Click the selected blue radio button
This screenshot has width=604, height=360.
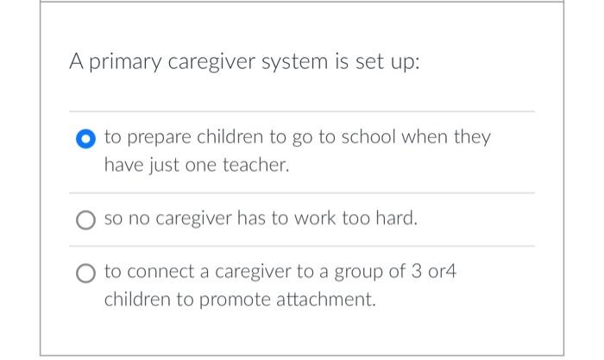85,138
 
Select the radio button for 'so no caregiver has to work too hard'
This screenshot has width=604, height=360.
85,219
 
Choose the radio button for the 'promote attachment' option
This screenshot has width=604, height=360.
85,274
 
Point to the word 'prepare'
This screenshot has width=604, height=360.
159,137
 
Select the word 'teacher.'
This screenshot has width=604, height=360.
255,164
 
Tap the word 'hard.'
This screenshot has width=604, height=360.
396,219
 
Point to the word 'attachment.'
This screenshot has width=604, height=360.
323,300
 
